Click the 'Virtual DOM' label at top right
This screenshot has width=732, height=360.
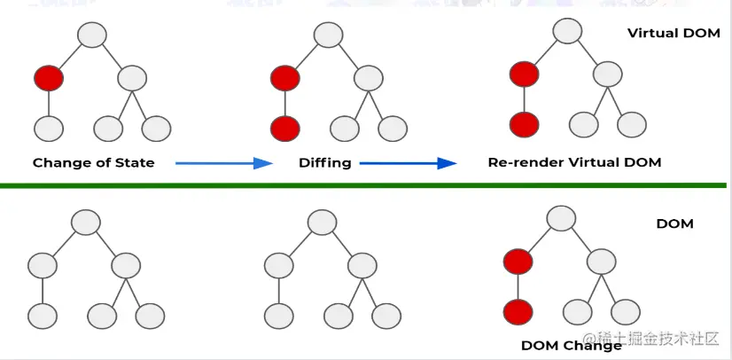click(x=674, y=34)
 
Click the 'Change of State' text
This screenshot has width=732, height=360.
click(x=93, y=163)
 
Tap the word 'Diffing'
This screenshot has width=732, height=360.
click(x=324, y=163)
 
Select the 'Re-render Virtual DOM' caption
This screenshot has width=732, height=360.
click(x=574, y=163)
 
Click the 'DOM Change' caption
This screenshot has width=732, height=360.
click(x=571, y=345)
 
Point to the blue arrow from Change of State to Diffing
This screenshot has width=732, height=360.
click(x=222, y=163)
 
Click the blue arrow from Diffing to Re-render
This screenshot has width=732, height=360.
click(x=408, y=163)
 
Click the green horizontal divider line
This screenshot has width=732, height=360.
click(x=363, y=185)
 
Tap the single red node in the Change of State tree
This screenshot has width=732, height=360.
click(x=49, y=78)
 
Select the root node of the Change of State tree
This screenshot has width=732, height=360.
click(x=91, y=35)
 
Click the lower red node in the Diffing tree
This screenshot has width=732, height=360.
click(x=284, y=127)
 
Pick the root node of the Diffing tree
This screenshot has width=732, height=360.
click(x=327, y=35)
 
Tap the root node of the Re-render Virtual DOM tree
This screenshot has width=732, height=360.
click(x=567, y=30)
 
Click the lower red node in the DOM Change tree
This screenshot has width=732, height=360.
click(x=518, y=312)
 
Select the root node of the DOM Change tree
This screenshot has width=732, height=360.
click(x=560, y=217)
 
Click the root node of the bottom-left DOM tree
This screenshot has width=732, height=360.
click(x=84, y=222)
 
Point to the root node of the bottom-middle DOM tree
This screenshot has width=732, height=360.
click(x=321, y=222)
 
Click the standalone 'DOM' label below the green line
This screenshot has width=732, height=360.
click(x=674, y=223)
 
